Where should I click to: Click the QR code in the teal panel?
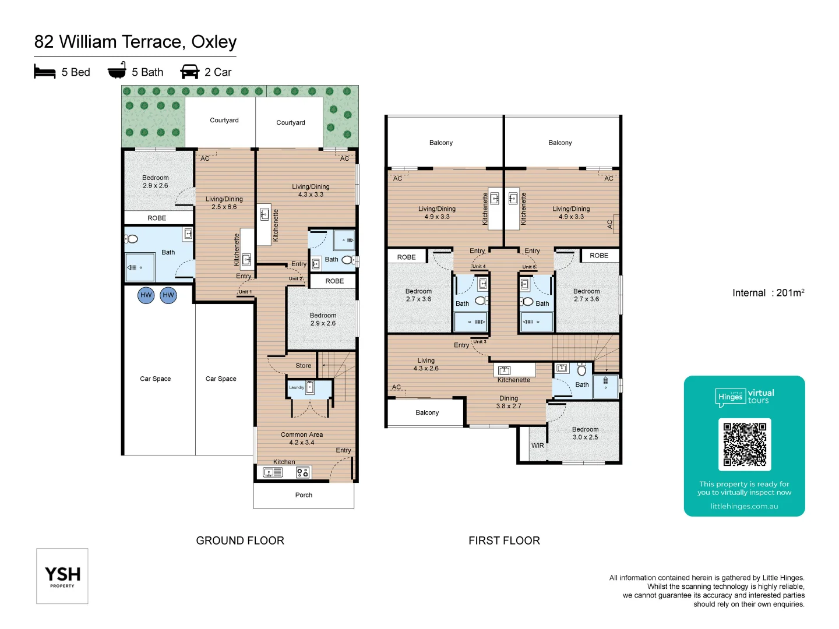point(744,444)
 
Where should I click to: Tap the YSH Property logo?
point(62,576)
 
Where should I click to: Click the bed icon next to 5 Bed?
point(45,72)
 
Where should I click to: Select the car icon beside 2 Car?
point(190,72)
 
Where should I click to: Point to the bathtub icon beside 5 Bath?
point(117,70)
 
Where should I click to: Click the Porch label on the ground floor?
point(304,495)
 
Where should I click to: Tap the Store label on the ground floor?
point(303,366)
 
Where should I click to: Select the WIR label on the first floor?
point(537,446)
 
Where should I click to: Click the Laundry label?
point(296,387)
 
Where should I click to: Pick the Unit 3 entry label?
point(480,342)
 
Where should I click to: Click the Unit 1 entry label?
point(245,292)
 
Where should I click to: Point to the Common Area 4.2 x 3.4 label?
point(301,439)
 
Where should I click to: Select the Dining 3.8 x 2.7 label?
point(509,402)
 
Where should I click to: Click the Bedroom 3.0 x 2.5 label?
point(585,433)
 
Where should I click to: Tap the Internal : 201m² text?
point(768,293)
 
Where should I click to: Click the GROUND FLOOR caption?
point(240,540)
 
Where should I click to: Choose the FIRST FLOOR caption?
point(504,540)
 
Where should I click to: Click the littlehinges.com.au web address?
point(744,506)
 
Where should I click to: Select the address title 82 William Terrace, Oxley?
point(135,42)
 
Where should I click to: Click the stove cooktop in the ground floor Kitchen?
point(302,472)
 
